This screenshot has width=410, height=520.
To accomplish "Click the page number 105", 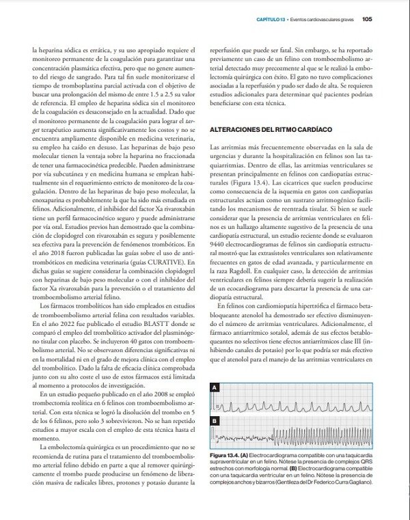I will click(x=366, y=18).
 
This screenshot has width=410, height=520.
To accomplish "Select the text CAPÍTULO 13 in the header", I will click(x=271, y=18).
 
